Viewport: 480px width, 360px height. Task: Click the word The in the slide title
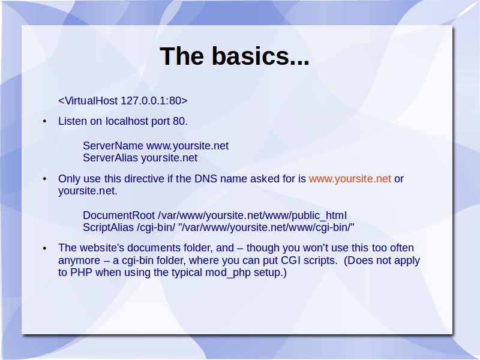coord(182,56)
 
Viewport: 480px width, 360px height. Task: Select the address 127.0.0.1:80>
coord(154,101)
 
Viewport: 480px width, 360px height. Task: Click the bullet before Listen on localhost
coord(44,122)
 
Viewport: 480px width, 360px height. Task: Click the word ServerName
coord(113,146)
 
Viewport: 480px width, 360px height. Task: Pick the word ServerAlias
coord(110,158)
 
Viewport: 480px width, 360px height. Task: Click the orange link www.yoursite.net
coord(350,179)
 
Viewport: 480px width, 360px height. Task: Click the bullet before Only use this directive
coord(44,179)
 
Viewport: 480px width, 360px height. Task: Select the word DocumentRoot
coord(119,215)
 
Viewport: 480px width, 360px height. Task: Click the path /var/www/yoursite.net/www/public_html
coord(252,215)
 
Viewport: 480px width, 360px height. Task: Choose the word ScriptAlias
coord(109,228)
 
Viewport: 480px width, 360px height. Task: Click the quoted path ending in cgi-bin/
coord(266,228)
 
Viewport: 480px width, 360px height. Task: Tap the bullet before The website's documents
coord(44,248)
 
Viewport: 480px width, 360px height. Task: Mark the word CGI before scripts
coord(295,260)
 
